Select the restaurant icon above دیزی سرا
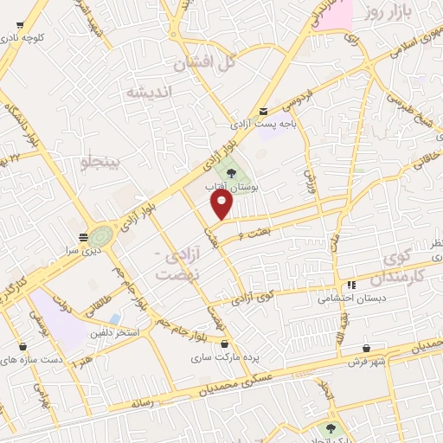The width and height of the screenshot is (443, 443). (x=83, y=236)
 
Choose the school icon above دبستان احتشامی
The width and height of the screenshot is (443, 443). (x=350, y=285)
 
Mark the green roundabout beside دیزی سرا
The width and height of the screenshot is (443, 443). (x=100, y=234)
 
